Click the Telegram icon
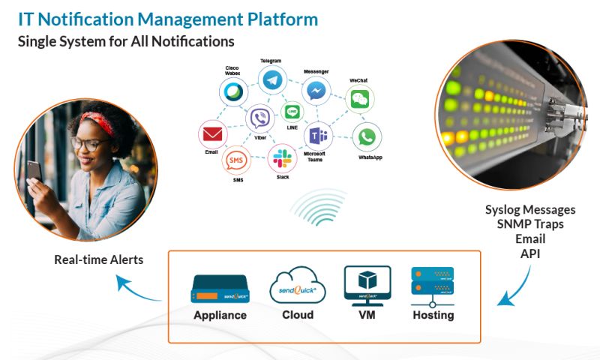(272, 79)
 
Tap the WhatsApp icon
(366, 136)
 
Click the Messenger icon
(316, 90)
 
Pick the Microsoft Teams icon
(318, 136)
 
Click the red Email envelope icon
(212, 134)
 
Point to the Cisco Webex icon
(232, 93)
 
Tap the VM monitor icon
(367, 285)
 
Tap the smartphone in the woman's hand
(34, 172)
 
